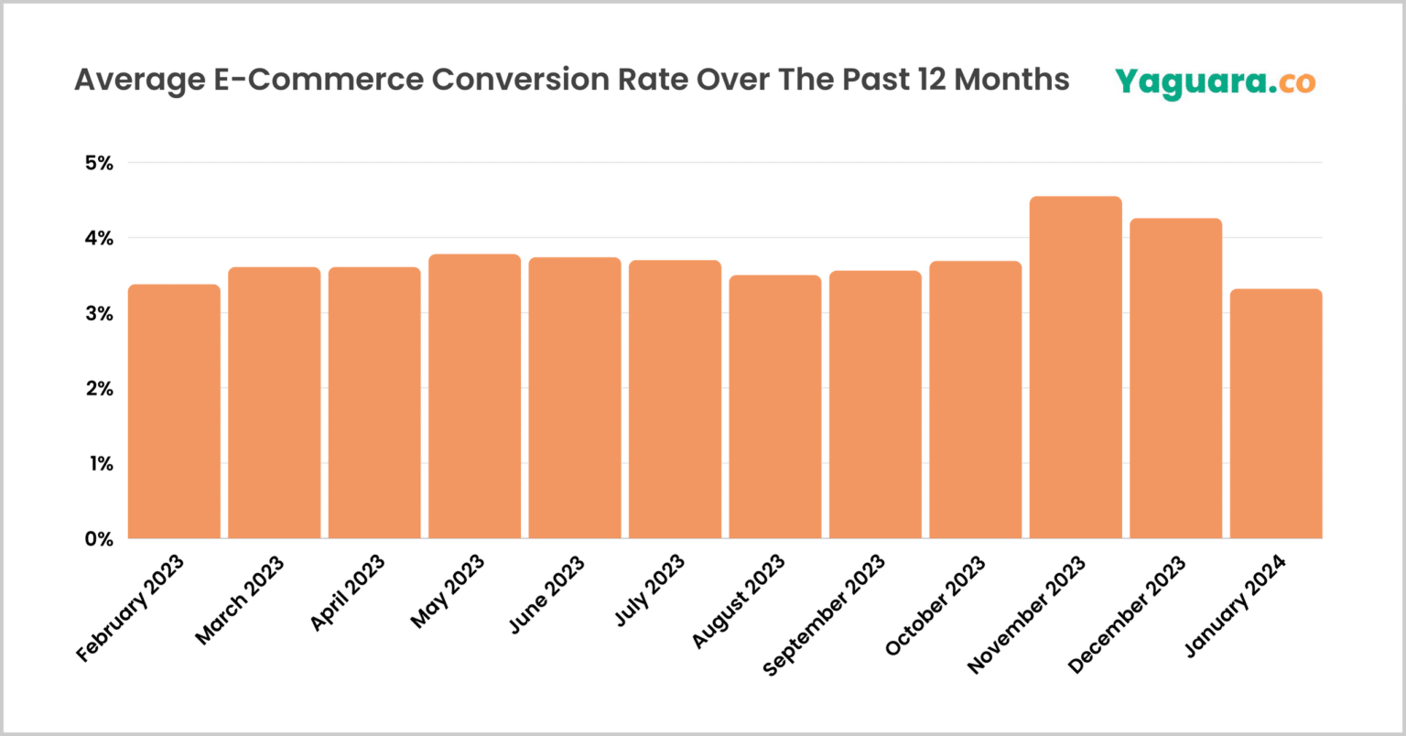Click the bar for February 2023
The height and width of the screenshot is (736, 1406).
pos(174,412)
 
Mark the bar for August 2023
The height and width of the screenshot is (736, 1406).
pos(775,407)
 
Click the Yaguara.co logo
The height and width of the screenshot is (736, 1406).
pos(1215,81)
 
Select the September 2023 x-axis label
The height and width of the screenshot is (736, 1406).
pos(824,614)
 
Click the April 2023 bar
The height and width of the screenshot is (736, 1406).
pos(374,404)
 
